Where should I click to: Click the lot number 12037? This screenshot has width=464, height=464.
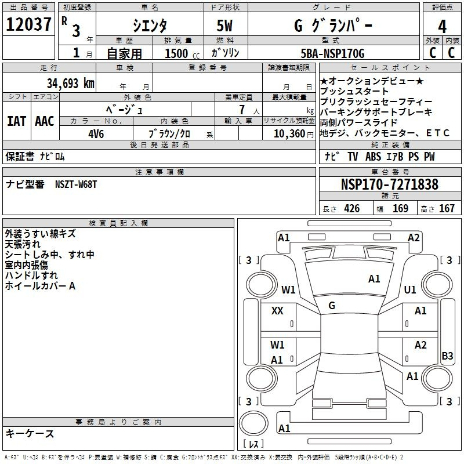[x=28, y=24]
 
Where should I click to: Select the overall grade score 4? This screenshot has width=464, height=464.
[x=442, y=26]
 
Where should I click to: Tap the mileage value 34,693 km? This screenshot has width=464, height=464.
[x=71, y=84]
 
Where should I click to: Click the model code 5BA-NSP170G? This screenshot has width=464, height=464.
[x=332, y=53]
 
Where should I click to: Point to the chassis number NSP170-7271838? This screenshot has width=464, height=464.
[x=389, y=184]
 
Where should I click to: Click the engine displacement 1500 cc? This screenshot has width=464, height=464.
[x=182, y=53]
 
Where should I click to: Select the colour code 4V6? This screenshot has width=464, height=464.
[x=96, y=134]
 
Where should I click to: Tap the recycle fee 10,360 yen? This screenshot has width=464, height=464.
[x=293, y=134]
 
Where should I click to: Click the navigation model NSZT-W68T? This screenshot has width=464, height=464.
[x=76, y=184]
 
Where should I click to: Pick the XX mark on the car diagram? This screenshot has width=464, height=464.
[x=277, y=311]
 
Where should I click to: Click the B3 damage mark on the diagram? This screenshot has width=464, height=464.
[x=447, y=356]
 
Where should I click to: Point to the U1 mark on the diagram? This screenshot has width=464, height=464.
[x=410, y=289]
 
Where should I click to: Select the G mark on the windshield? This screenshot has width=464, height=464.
[x=332, y=306]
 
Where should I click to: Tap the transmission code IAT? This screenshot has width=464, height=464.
[x=17, y=121]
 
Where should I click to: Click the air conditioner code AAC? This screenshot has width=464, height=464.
[x=45, y=121]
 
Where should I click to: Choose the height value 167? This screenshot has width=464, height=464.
[x=447, y=208]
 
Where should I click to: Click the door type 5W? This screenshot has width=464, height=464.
[x=224, y=26]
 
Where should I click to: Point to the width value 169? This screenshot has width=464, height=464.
[x=400, y=208]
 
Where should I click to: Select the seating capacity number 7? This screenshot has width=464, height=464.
[x=242, y=110]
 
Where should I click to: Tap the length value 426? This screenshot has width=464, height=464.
[x=352, y=208]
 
